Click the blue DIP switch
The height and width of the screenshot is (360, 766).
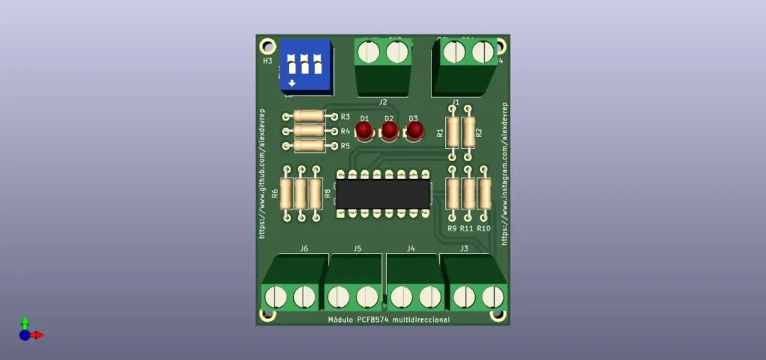[306, 65]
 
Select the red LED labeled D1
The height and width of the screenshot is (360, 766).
[364, 132]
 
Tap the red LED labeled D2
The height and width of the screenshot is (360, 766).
[389, 132]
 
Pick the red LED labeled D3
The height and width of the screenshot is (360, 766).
[414, 132]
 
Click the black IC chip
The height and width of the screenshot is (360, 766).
[383, 193]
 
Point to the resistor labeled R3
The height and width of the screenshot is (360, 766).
[309, 116]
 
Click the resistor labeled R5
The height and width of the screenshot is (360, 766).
[309, 145]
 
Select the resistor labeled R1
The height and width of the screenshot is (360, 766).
[453, 132]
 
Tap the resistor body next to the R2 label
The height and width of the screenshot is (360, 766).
[469, 132]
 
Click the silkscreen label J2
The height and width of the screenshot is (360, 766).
[383, 102]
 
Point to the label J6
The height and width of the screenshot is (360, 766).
[304, 248]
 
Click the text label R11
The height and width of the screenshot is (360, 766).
[467, 228]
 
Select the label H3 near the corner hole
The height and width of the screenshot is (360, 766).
[268, 61]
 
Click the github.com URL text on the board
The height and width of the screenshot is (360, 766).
[263, 172]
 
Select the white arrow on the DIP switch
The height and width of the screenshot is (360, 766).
[292, 83]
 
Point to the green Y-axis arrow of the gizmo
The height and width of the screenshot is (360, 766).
[25, 321]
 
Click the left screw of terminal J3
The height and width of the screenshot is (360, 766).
[463, 296]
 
